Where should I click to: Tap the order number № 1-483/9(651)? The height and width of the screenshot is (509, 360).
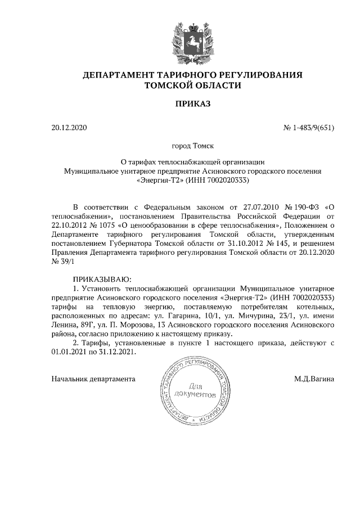(308, 128)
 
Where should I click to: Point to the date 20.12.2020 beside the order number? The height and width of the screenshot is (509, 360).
(70, 128)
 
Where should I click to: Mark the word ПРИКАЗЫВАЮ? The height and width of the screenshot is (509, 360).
(102, 279)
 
